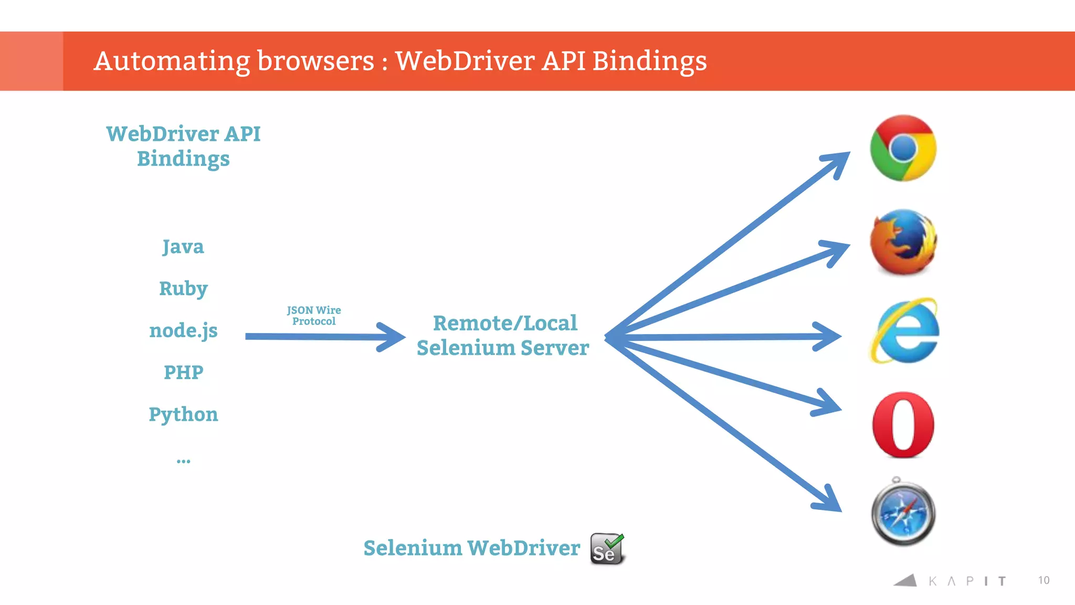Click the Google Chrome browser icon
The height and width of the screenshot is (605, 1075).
click(x=903, y=148)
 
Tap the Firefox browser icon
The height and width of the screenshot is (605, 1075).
click(x=903, y=242)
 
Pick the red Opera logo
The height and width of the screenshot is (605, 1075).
click(x=903, y=424)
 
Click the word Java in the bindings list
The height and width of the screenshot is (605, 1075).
click(x=183, y=246)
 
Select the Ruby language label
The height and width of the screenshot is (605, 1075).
click(x=183, y=288)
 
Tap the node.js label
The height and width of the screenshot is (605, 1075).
click(x=183, y=330)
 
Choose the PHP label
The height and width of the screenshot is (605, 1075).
click(x=183, y=372)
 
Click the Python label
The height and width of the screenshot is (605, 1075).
click(x=183, y=414)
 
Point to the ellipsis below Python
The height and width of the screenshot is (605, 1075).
click(x=183, y=461)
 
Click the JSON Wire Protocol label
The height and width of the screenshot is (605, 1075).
click(x=314, y=315)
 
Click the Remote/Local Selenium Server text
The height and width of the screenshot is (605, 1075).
click(x=503, y=335)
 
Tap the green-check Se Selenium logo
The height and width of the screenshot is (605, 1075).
click(x=607, y=549)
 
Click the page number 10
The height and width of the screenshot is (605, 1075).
click(x=1044, y=580)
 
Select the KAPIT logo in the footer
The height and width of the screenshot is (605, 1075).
click(x=950, y=580)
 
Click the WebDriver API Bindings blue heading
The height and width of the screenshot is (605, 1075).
click(x=183, y=146)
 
